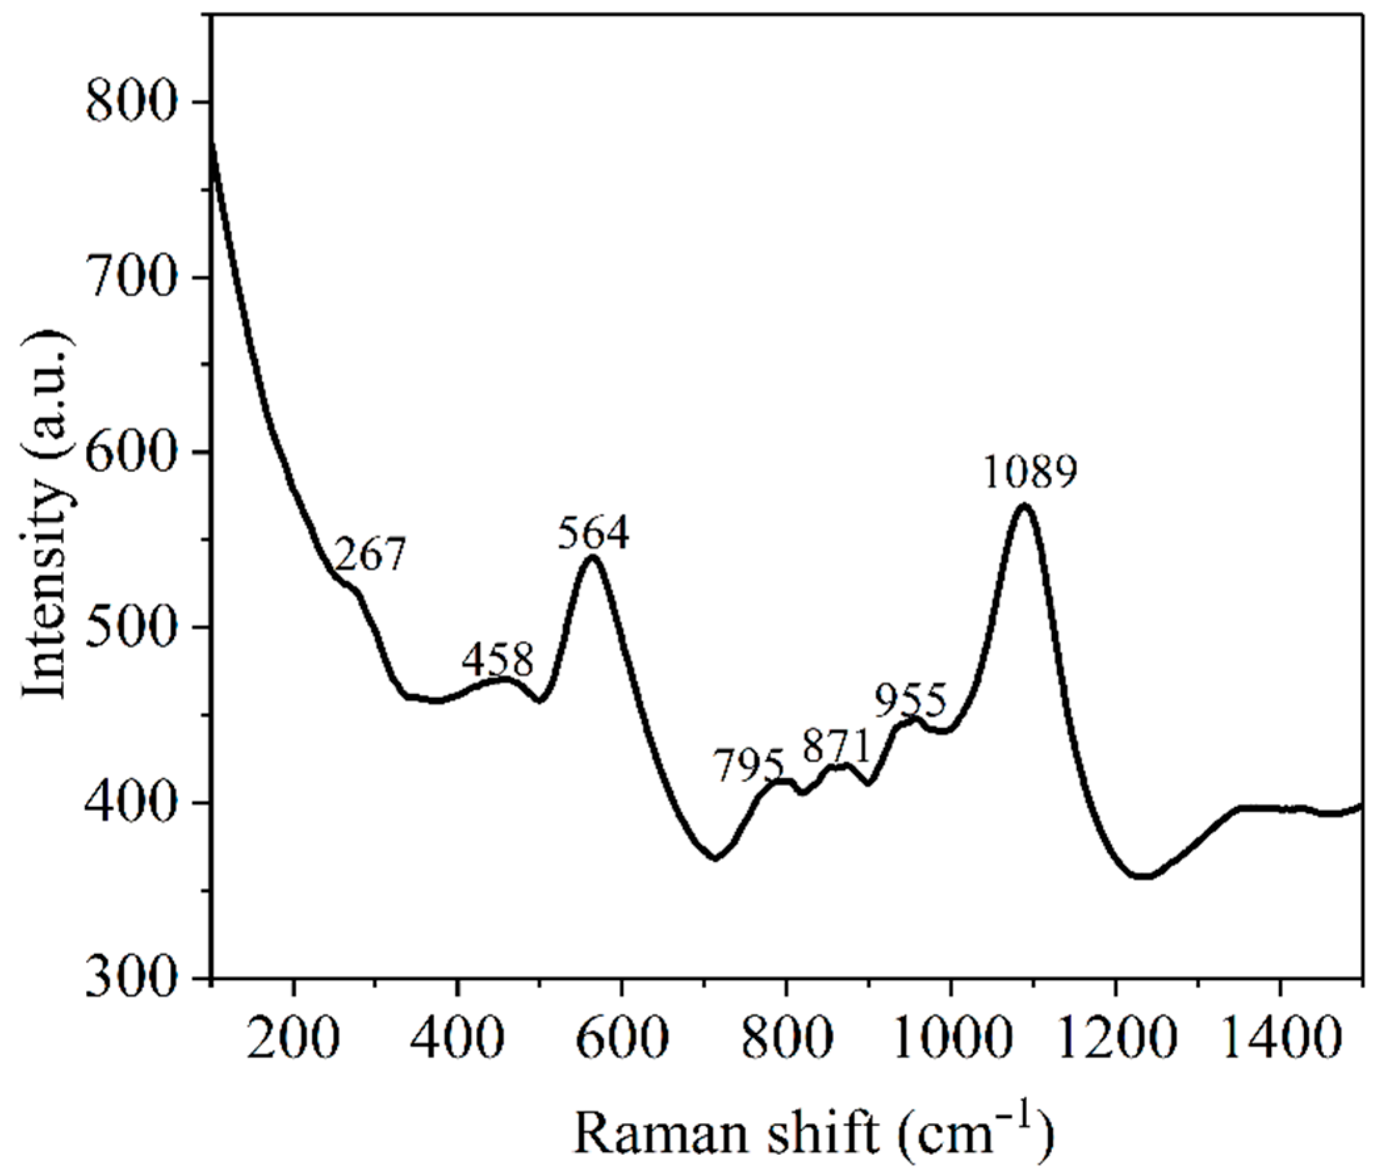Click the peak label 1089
(x=1030, y=471)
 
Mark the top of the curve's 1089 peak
(x=1024, y=506)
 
